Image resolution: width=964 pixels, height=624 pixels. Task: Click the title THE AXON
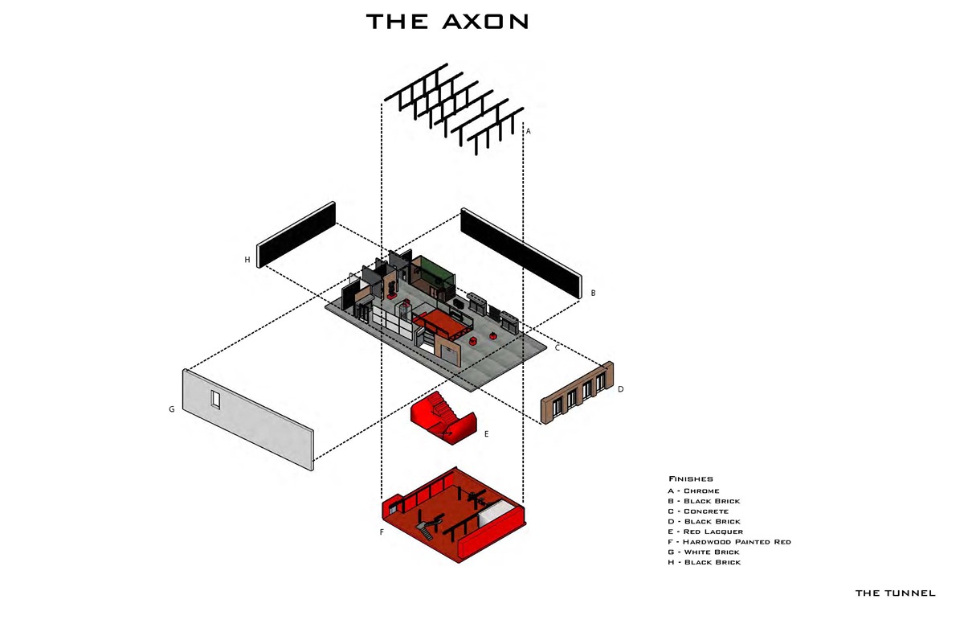point(447,22)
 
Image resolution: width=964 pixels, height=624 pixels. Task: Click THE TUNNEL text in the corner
point(895,593)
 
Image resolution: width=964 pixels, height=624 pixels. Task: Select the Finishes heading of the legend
point(691,479)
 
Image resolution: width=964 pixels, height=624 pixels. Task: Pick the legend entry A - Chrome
point(693,491)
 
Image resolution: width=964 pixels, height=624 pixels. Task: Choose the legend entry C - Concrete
point(698,511)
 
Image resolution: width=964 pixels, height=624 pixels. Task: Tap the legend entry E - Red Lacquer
point(705,532)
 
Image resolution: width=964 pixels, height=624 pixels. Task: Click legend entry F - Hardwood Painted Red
point(729,542)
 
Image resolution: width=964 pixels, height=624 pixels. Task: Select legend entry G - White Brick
point(704,552)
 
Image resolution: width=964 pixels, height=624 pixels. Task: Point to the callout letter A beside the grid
point(529,131)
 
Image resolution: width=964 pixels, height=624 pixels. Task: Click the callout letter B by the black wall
point(593,293)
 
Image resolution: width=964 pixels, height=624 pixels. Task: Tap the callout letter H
point(247,260)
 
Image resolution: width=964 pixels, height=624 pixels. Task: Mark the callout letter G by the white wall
point(172,409)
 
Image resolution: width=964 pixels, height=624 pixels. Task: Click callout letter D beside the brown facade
point(620,389)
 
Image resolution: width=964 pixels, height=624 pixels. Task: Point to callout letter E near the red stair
point(486,434)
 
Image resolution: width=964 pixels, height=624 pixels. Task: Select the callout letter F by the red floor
point(382,532)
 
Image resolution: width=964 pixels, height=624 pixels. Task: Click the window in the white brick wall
point(215,400)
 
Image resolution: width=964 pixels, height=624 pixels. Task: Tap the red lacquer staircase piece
point(443,417)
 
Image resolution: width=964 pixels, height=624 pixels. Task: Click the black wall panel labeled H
point(296,235)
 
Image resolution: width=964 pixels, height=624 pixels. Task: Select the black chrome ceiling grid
point(455,109)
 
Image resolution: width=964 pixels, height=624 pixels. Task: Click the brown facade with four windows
point(578,392)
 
